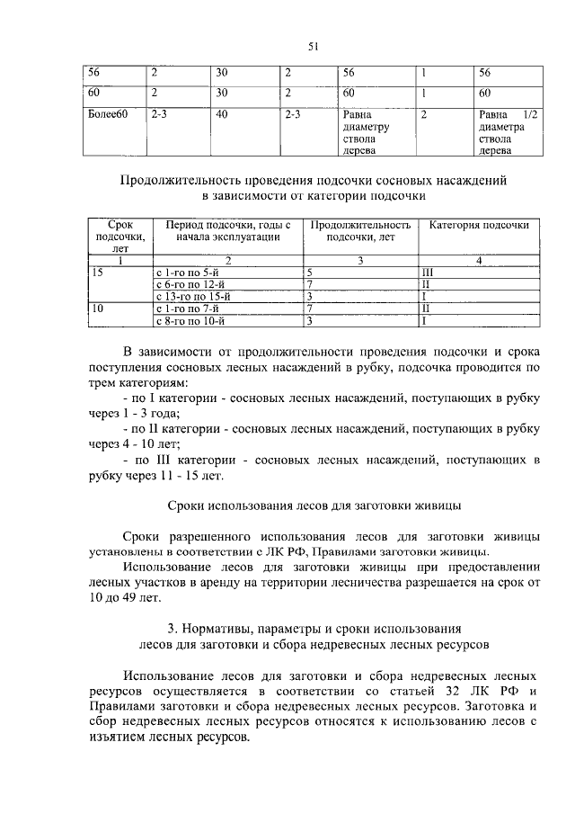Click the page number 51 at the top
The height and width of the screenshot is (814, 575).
[x=314, y=48]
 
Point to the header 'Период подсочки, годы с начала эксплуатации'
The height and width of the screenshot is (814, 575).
[x=228, y=230]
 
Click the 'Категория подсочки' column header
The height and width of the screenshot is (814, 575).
[x=478, y=225]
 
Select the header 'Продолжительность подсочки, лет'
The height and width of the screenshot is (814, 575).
[x=360, y=230]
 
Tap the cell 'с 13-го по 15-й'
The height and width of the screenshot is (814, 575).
[x=194, y=296]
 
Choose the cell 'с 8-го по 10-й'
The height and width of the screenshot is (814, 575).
[x=191, y=319]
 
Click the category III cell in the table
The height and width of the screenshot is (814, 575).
[x=429, y=272]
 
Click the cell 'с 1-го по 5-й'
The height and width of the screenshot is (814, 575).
[x=188, y=272]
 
